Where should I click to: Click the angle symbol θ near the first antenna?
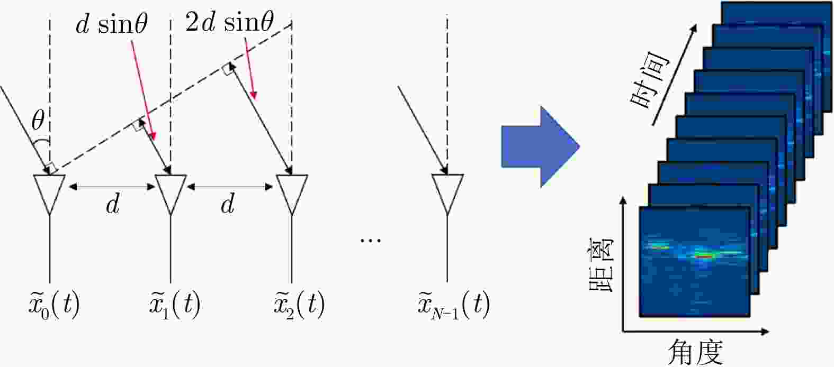pos(38,122)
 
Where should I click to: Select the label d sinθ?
pos(111,25)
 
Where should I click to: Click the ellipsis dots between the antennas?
pos(370,241)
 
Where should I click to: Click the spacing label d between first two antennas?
pos(112,204)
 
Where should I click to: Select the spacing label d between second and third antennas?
pos(228,204)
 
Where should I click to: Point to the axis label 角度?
pos(695,352)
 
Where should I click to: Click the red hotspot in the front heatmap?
pos(705,255)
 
